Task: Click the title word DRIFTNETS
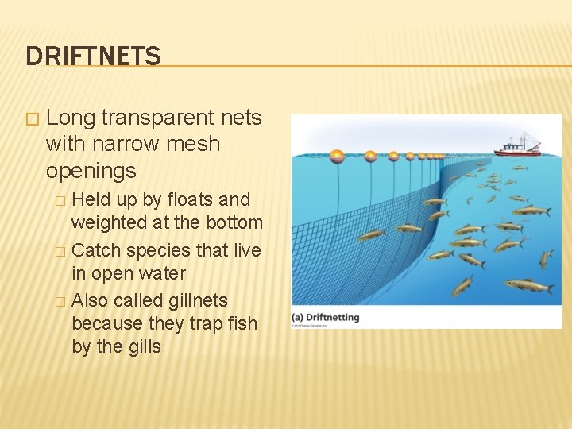[x=93, y=56]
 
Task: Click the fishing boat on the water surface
[x=516, y=145]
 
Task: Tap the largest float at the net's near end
[x=337, y=156]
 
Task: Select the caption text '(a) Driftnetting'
[x=326, y=317]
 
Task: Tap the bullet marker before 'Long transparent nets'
[x=31, y=118]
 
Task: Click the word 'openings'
[x=91, y=171]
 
